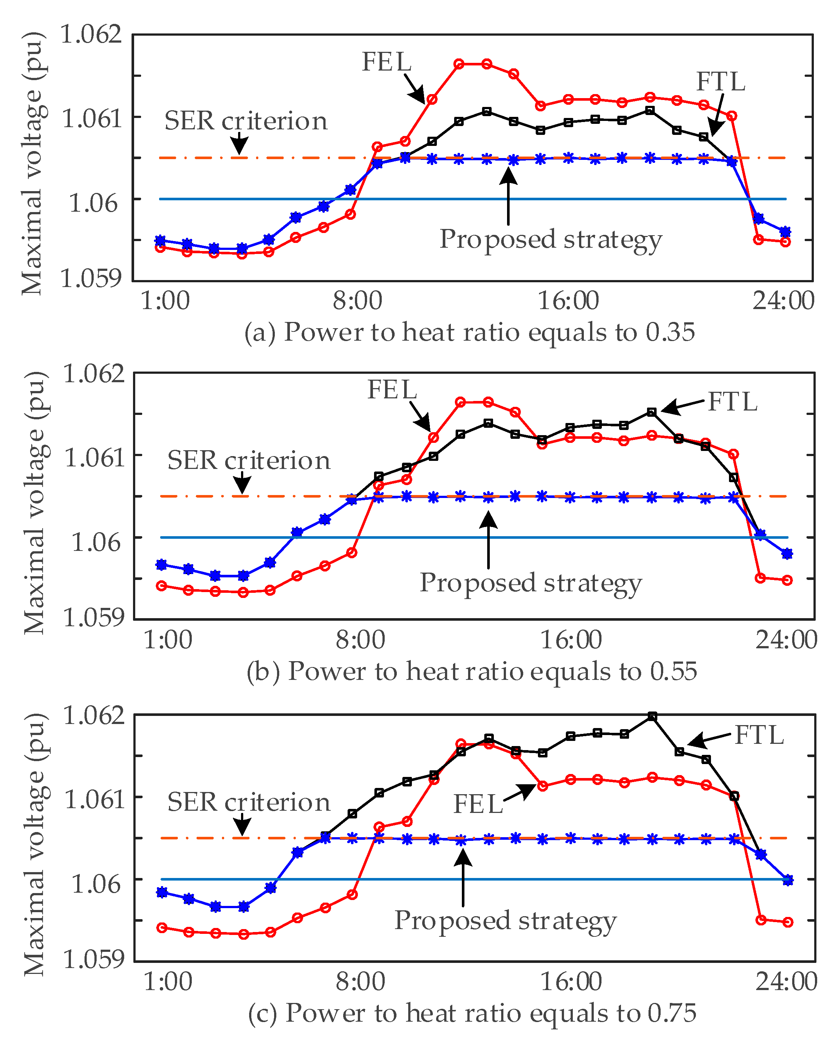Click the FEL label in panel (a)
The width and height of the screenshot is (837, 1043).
pyautogui.click(x=386, y=62)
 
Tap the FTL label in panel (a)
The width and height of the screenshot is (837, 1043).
pyautogui.click(x=721, y=81)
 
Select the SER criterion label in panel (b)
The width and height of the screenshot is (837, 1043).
pyautogui.click(x=248, y=460)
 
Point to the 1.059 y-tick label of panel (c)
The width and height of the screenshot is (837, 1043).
pyautogui.click(x=94, y=958)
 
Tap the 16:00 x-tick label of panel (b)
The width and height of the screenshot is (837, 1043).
pyautogui.click(x=571, y=640)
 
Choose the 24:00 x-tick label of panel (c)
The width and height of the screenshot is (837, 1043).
pyautogui.click(x=786, y=982)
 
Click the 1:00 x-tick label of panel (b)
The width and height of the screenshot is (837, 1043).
pyautogui.click(x=168, y=640)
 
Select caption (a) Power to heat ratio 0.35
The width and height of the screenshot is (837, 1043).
pyautogui.click(x=470, y=332)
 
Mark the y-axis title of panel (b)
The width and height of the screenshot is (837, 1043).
pyautogui.click(x=35, y=503)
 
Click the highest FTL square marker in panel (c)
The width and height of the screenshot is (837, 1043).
pyautogui.click(x=652, y=716)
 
